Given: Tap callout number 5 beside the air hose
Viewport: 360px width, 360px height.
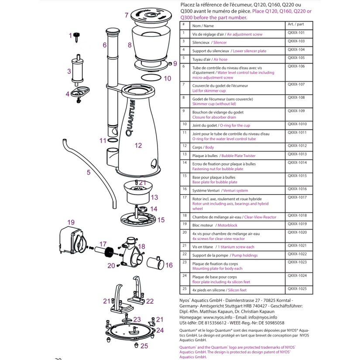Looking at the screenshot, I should (89, 172).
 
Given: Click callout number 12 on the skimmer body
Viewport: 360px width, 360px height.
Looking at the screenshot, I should (138, 146).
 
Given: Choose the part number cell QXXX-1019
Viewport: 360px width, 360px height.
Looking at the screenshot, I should (297, 224).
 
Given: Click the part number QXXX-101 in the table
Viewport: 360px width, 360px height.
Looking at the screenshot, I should (296, 33).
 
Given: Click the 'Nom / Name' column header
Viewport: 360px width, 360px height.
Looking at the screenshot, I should (203, 26).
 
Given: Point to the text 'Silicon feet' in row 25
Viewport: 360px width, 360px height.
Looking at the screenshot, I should (237, 290).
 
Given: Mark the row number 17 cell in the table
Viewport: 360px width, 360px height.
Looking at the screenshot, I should (184, 198).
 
